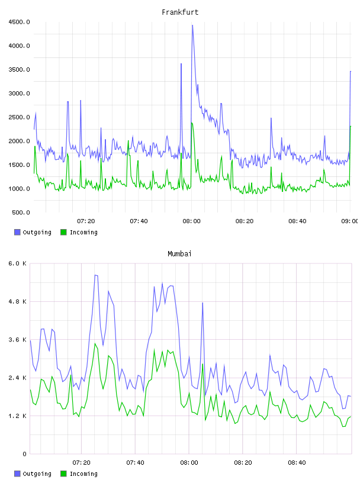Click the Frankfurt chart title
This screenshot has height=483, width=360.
coord(180,12)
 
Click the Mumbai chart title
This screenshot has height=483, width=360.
coord(179,254)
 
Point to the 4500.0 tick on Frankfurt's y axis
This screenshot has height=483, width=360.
coord(19,22)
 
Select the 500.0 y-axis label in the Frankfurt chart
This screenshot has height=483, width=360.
coord(21,212)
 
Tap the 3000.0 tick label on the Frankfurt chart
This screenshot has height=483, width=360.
coord(19,94)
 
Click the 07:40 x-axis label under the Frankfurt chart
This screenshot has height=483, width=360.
coord(139,221)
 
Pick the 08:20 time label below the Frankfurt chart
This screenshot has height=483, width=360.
coord(245,221)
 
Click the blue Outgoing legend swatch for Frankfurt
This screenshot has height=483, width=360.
coord(17,232)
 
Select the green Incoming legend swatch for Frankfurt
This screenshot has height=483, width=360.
coord(63,232)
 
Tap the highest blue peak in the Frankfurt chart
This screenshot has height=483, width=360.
coord(192,25)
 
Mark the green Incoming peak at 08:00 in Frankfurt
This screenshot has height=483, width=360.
coord(192,123)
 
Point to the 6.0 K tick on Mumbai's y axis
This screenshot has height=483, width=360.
coord(18,263)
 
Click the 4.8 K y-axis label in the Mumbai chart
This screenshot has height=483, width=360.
coord(18,301)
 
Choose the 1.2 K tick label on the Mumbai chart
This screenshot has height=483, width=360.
coord(18,416)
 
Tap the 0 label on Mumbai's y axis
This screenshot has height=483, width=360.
coord(25,454)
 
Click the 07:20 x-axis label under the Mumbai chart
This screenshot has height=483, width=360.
coord(81,462)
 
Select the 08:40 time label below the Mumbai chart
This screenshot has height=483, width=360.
coord(297,462)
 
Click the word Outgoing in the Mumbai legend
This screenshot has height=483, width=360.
coord(37,474)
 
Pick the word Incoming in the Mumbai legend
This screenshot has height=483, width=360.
coord(83,474)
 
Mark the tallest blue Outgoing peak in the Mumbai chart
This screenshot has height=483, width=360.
coord(95,275)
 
